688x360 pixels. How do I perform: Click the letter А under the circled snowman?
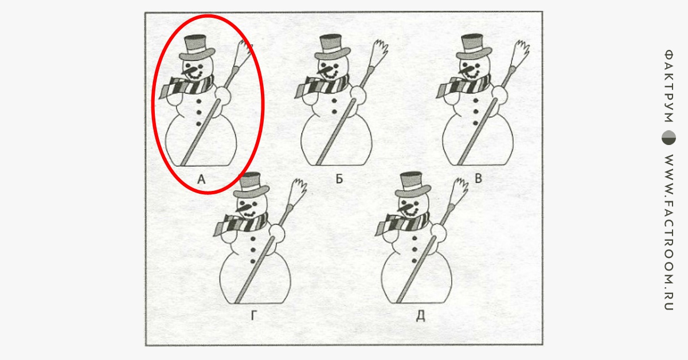[201, 179]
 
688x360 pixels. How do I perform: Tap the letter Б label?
[339, 179]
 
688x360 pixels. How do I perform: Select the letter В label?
[478, 178]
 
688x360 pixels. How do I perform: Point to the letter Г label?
[253, 316]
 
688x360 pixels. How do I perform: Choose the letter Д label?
[420, 316]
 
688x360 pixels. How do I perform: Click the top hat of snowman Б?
[333, 46]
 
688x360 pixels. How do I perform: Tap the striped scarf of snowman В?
[463, 86]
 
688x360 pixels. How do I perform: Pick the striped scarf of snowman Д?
[402, 224]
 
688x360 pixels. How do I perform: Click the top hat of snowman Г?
[251, 185]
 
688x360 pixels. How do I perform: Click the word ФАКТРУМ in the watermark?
[669, 86]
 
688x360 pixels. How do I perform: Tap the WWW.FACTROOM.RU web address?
[669, 233]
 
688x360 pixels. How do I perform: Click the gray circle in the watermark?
[669, 138]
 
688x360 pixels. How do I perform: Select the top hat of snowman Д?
[413, 185]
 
